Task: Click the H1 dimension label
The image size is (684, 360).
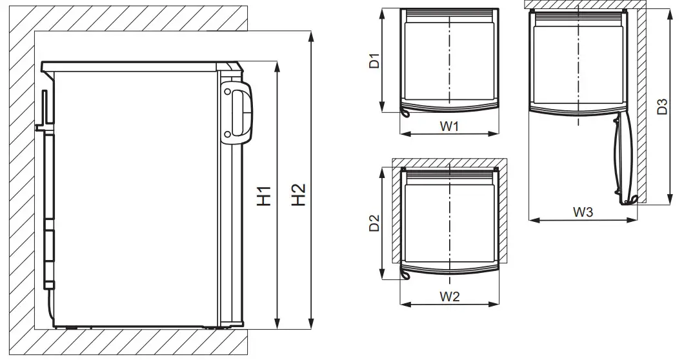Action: tap(263, 195)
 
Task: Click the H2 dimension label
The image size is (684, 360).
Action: tap(297, 195)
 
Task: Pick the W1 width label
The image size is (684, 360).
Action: tap(449, 126)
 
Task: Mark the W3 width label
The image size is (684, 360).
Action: tap(583, 212)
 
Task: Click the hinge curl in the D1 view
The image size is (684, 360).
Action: tap(405, 114)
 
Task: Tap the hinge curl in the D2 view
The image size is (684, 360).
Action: tap(405, 275)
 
